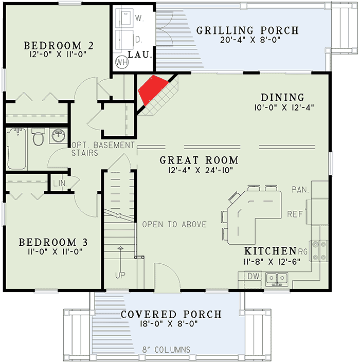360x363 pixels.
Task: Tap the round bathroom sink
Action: coord(58,137)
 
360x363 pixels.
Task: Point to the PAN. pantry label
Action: coord(300,189)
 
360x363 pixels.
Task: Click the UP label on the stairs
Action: coord(120,275)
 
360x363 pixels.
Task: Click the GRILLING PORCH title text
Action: coord(247,30)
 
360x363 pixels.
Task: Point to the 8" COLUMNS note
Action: coord(166,350)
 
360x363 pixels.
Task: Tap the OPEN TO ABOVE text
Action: coord(174,224)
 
